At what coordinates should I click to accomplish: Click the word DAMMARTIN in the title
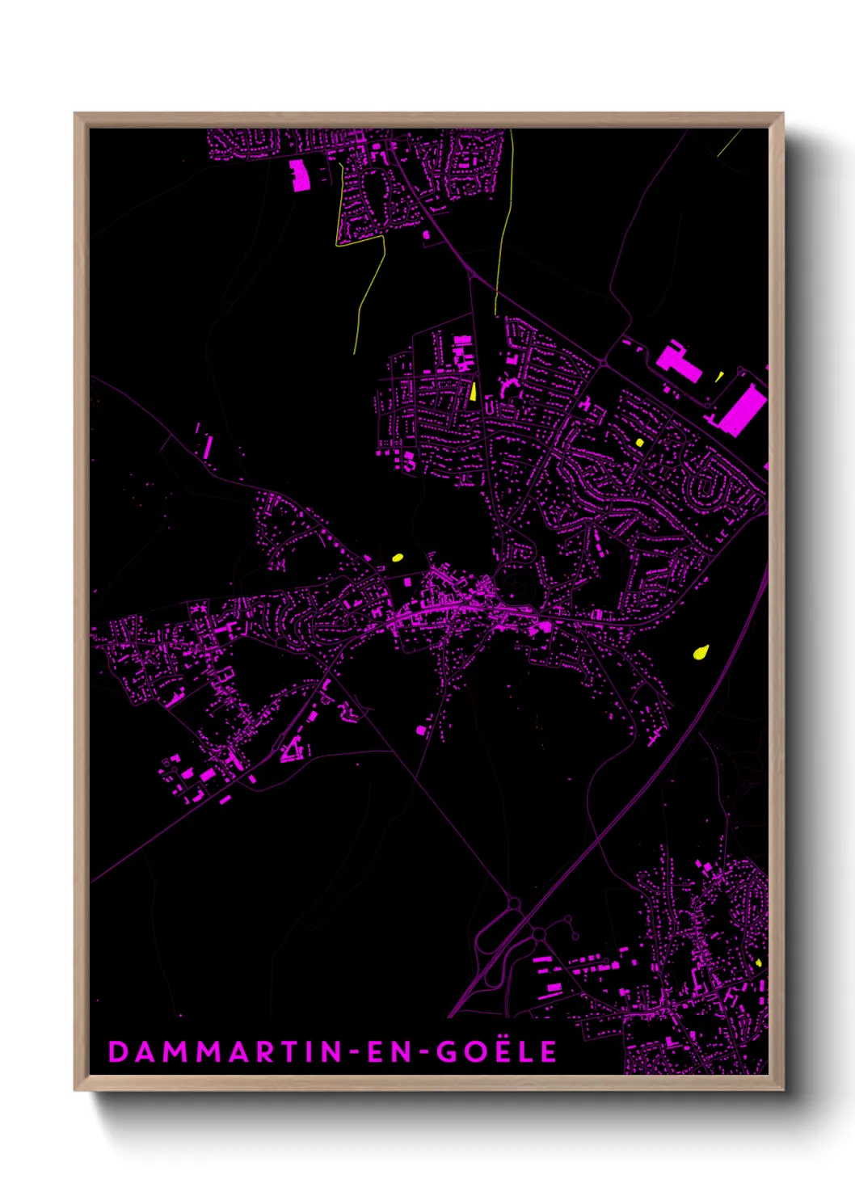tap(225, 1051)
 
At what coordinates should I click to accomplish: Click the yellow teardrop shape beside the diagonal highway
tap(701, 651)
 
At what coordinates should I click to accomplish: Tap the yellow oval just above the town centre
tap(397, 557)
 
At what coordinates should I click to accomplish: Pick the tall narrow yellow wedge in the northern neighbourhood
tap(473, 391)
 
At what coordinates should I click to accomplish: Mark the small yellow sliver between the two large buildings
tap(719, 376)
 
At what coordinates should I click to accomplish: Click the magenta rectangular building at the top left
tap(299, 175)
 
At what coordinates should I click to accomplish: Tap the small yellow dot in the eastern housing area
tap(639, 442)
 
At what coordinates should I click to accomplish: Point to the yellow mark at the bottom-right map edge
tap(758, 962)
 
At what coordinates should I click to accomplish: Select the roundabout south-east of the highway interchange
tap(538, 934)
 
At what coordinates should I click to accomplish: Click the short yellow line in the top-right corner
tap(729, 142)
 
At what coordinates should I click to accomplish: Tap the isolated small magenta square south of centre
tap(420, 731)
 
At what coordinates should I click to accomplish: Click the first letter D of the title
tap(118, 1051)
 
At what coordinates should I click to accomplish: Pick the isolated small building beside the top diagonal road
tap(426, 235)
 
